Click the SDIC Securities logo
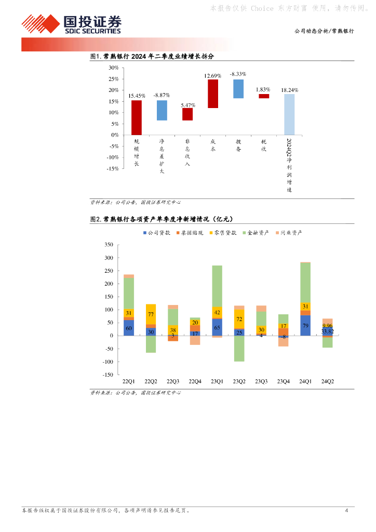click(71, 24)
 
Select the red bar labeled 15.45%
click(136, 117)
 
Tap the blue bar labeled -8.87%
click(162, 110)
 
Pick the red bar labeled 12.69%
click(213, 94)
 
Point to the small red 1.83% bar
click(264, 96)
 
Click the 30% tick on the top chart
click(113, 68)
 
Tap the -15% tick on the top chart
click(112, 169)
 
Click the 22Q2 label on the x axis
click(151, 381)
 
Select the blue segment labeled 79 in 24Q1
click(305, 325)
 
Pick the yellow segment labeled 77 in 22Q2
click(151, 314)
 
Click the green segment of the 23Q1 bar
click(217, 286)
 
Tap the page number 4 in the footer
click(346, 511)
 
